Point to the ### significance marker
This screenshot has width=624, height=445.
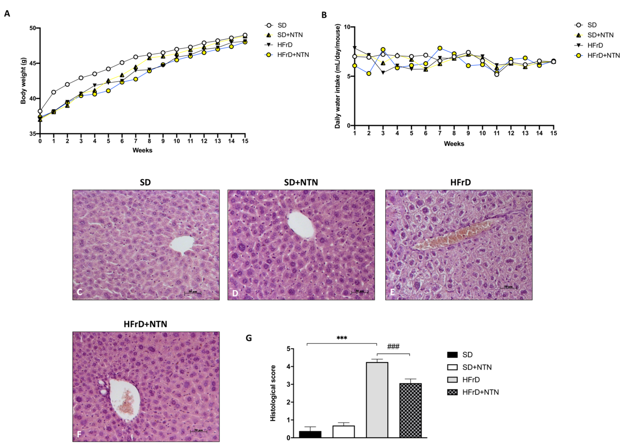(x=393, y=347)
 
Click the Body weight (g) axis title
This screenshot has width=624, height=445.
(x=23, y=81)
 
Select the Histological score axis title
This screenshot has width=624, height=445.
(x=273, y=393)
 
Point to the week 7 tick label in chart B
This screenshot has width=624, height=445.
(x=440, y=133)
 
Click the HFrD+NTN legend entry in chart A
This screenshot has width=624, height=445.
(x=292, y=55)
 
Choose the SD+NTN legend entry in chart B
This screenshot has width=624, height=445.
(x=600, y=35)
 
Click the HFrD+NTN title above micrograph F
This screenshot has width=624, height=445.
(x=145, y=324)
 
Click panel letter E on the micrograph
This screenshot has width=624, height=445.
(x=392, y=292)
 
